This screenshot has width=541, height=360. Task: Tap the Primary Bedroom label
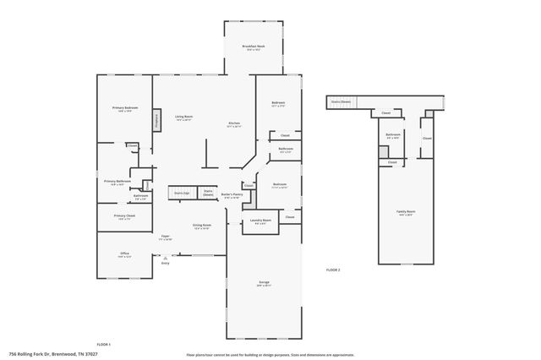[x=125, y=109]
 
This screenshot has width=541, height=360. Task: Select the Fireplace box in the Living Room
[x=156, y=120]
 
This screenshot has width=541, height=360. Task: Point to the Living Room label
[x=183, y=117]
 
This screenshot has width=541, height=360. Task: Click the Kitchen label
[x=234, y=125]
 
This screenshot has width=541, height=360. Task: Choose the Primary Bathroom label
[x=117, y=182]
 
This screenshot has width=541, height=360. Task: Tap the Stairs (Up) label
[x=181, y=193]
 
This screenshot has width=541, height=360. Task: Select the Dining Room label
[x=201, y=226]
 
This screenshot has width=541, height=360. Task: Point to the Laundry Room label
[x=260, y=221]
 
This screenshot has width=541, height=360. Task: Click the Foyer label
[x=166, y=237]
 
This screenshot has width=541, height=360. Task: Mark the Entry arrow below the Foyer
[x=166, y=258]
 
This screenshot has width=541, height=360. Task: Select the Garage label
[x=264, y=283]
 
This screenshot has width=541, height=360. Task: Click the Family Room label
[x=406, y=212]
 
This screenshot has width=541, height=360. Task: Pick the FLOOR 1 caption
[x=103, y=345]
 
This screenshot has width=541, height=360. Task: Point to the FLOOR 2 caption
[x=333, y=270]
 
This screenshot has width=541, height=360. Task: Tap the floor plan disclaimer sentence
[x=270, y=355]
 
